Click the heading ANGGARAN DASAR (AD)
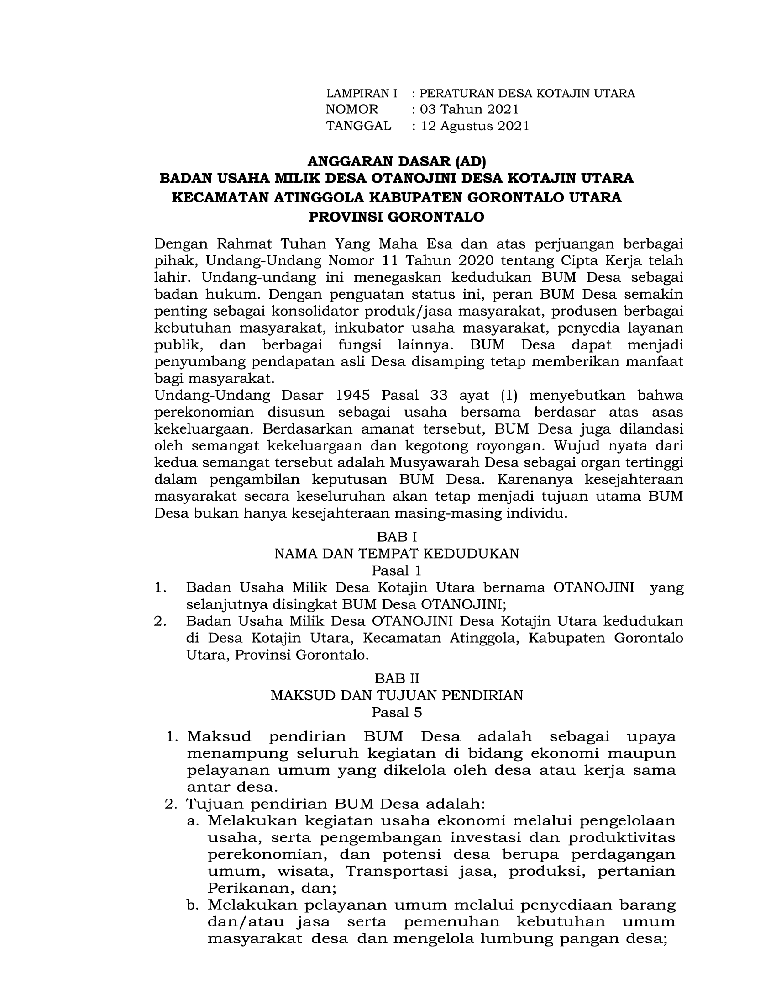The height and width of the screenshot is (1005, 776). pos(396,161)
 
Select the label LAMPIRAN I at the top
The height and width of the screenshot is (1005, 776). pos(362,94)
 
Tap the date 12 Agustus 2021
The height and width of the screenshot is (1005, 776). pos(475,126)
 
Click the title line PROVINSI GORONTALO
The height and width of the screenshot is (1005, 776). pos(396,217)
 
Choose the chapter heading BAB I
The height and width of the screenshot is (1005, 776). pos(396,537)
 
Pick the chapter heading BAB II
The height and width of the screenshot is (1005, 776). pos(396,679)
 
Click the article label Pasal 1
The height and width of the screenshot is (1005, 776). pos(396,571)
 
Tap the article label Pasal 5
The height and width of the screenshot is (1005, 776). pos(396,712)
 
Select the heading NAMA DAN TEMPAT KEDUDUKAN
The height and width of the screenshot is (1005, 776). pos(396,554)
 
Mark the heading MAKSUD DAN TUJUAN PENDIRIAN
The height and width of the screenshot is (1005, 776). pos(396,695)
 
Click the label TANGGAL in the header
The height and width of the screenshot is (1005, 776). pos(359,126)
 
